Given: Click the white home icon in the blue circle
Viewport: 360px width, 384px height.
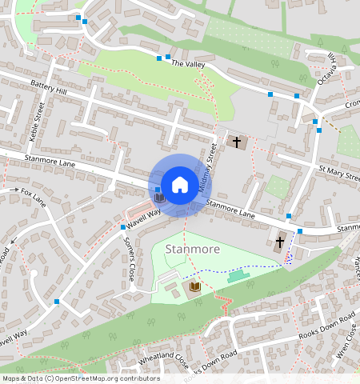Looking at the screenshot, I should point(180,184).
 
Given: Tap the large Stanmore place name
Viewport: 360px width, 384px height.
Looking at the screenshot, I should point(192,249).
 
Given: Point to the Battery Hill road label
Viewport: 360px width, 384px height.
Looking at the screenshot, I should point(50,87).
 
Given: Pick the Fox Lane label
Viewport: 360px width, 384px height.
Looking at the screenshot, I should point(35,194).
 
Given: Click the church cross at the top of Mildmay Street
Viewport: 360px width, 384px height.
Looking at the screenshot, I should point(236,142).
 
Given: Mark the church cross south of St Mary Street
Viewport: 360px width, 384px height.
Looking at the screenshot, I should point(280,241).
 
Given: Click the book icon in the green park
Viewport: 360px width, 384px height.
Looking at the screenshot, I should point(194,286).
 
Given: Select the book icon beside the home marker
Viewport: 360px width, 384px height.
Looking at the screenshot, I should point(159,197).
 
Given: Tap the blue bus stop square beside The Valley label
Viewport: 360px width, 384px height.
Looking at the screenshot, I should point(168,58).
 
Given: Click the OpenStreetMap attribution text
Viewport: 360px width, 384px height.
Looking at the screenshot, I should point(80,378).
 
